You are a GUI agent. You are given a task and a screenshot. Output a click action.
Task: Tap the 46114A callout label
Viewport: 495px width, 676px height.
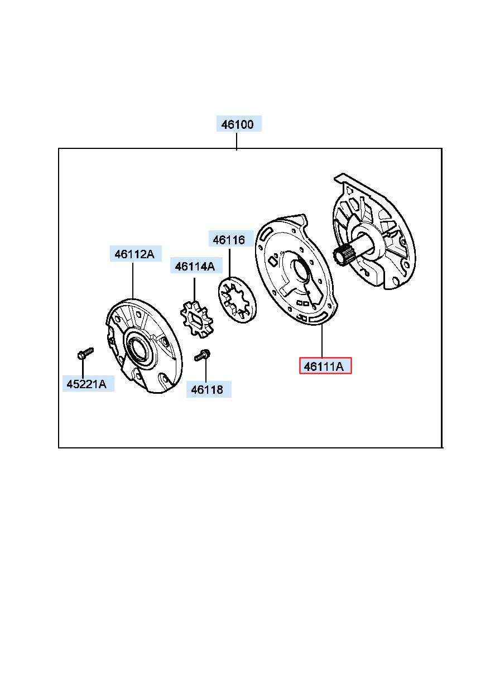tap(196, 265)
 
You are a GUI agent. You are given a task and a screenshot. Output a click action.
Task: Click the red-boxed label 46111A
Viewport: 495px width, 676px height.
tap(325, 366)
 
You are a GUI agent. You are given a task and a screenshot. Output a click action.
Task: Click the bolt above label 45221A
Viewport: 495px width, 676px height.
tap(85, 353)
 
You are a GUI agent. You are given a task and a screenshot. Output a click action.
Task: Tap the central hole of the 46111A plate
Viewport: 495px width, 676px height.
tap(301, 267)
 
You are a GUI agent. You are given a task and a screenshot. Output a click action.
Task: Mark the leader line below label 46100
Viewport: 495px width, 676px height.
tap(237, 141)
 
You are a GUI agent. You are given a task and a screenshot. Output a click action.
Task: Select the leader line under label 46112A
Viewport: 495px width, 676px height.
tap(133, 281)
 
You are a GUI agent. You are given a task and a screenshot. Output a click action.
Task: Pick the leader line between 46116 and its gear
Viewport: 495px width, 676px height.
tap(229, 263)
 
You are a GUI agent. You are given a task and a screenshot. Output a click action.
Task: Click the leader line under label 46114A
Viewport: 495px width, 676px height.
tap(194, 291)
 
